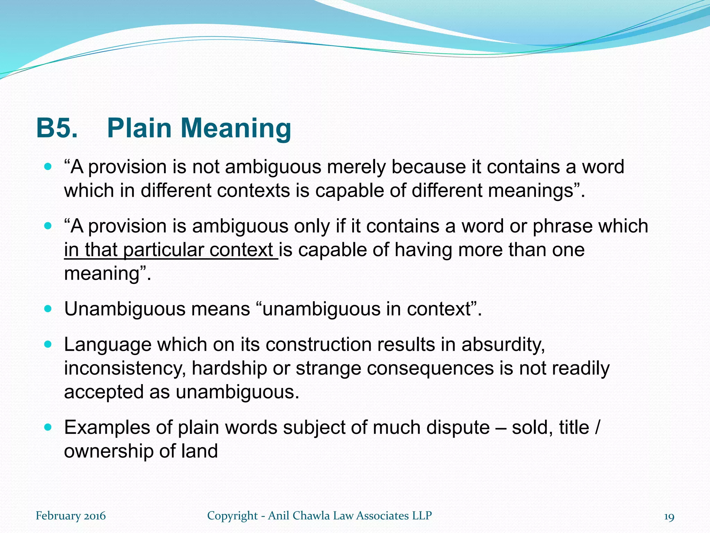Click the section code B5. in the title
click(57, 128)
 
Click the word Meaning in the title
click(236, 128)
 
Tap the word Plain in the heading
click(139, 128)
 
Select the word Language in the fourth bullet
click(108, 345)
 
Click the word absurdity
click(503, 345)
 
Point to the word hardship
click(229, 369)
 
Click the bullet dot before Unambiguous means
click(48, 308)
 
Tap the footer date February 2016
click(71, 516)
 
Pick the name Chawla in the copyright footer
click(311, 516)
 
